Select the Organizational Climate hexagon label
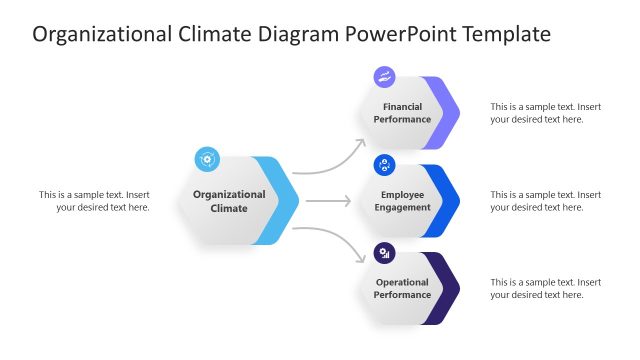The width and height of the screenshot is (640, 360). click(x=229, y=201)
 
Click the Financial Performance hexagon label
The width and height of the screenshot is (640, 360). click(x=402, y=113)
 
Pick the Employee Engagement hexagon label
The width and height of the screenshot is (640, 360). click(x=402, y=201)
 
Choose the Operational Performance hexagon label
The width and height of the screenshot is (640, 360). click(x=402, y=289)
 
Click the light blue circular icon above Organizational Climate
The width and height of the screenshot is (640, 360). click(x=207, y=158)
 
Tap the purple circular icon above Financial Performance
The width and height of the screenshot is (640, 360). click(x=384, y=77)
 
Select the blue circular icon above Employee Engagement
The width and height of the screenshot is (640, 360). click(x=384, y=165)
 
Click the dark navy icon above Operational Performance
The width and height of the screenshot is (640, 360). click(x=384, y=253)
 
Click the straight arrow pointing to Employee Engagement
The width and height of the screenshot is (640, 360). click(x=328, y=201)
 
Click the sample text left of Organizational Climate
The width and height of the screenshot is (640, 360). click(x=94, y=201)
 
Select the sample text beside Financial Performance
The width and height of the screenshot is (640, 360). click(x=545, y=113)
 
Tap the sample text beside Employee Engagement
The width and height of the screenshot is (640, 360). click(x=545, y=201)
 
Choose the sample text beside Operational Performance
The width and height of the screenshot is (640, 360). click(x=545, y=289)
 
